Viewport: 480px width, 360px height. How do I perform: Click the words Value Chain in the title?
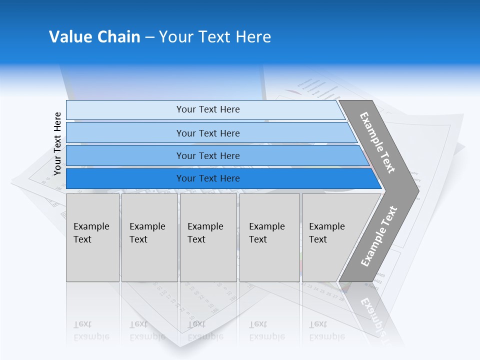tap(94, 37)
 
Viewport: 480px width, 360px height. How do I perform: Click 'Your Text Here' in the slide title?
tap(215, 37)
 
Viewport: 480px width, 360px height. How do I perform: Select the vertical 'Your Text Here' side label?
tap(57, 144)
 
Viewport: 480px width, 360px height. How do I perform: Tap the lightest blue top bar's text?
tap(208, 109)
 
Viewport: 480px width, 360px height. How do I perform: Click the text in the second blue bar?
tap(208, 133)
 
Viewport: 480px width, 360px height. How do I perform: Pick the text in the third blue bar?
tap(208, 156)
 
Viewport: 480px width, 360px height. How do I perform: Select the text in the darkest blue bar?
tap(208, 178)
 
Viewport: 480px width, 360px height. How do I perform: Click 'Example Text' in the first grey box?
tap(90, 233)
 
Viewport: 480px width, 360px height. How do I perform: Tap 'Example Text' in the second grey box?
tap(146, 233)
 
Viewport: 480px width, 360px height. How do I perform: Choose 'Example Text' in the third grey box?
tap(204, 233)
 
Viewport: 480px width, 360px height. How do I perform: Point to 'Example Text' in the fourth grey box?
tap(266, 233)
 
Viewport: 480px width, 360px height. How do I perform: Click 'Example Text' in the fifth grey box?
tap(326, 233)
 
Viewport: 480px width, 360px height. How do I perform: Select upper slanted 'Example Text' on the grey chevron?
tap(377, 142)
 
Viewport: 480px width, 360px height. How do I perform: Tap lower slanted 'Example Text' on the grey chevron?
tap(379, 236)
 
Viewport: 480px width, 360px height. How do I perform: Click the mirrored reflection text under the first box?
tap(90, 330)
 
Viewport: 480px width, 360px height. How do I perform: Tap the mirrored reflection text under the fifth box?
tap(326, 330)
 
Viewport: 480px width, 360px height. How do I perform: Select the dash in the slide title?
tap(149, 37)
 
